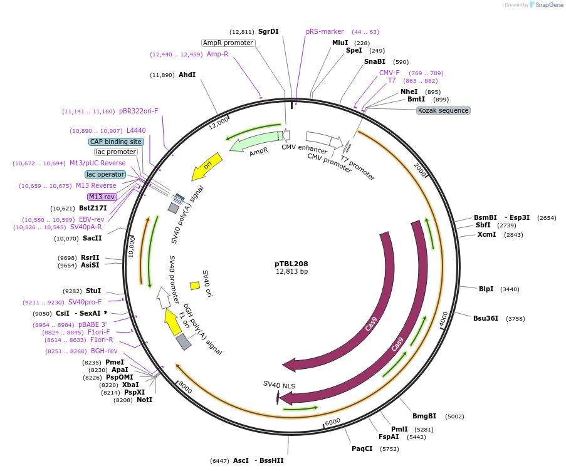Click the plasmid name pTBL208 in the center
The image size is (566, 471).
point(291,264)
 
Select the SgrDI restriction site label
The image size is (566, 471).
point(268,31)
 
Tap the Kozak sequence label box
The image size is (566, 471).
point(443,110)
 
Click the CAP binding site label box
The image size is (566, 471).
point(116,142)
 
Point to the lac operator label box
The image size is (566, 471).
point(105,174)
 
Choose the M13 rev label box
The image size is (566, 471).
point(102,197)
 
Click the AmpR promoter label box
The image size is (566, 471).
point(228,43)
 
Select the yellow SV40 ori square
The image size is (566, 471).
point(195,286)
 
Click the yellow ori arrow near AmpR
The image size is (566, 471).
point(206,167)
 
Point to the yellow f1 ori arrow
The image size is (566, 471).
point(173,322)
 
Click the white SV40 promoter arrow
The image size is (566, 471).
point(164,298)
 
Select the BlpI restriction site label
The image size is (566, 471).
point(486,289)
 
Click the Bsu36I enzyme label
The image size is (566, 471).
point(486,318)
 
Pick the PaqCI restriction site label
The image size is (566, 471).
point(362,448)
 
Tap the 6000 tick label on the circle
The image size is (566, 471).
point(333,422)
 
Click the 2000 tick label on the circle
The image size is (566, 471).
point(420,169)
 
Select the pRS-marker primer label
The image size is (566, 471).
point(325,31)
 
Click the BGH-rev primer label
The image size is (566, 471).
point(104,351)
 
